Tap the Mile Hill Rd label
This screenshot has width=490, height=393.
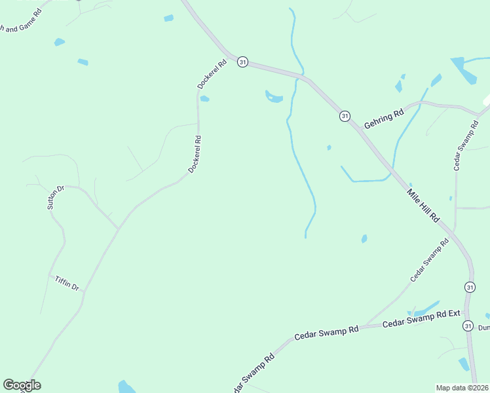click(x=423, y=205)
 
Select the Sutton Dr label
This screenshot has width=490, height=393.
click(x=55, y=197)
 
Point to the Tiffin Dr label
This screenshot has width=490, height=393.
click(x=67, y=283)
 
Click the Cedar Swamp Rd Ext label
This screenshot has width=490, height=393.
click(x=422, y=319)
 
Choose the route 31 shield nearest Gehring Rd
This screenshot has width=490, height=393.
click(x=345, y=116)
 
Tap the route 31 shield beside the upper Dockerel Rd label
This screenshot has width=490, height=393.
click(x=243, y=62)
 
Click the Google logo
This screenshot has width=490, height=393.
click(x=22, y=385)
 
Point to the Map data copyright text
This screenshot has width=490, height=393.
click(x=462, y=388)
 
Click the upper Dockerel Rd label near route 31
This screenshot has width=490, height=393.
click(x=212, y=74)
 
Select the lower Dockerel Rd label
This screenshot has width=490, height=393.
click(x=194, y=154)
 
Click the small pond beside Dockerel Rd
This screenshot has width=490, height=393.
click(x=205, y=99)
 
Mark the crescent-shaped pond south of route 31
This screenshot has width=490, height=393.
click(x=274, y=98)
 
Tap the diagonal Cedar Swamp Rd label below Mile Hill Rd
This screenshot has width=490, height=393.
click(x=430, y=260)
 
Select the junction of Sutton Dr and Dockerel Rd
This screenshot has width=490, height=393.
click(x=119, y=229)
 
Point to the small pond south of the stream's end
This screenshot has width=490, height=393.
click(x=364, y=239)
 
